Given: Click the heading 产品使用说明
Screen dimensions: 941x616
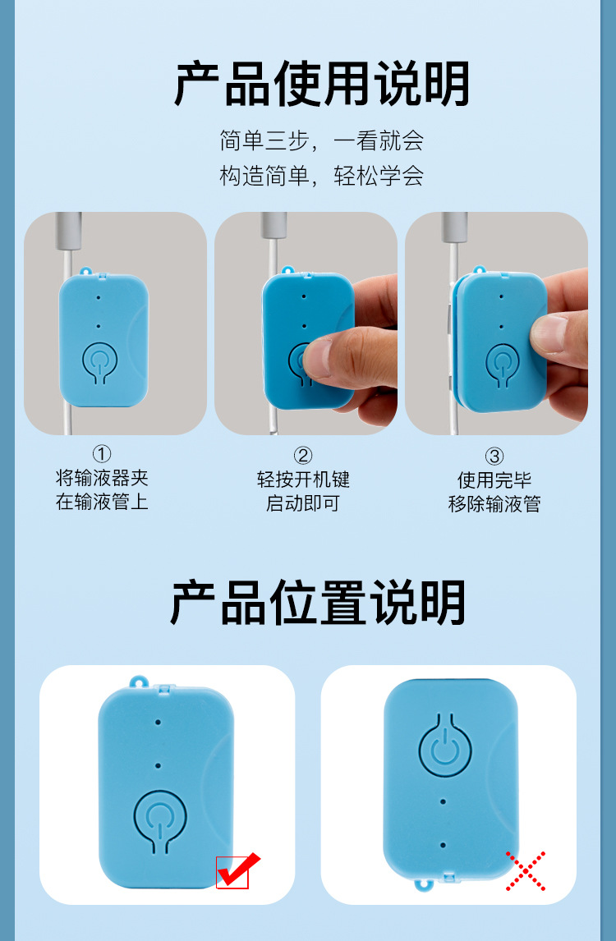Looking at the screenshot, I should (x=321, y=84).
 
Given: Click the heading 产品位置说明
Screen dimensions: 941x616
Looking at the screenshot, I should (x=318, y=602).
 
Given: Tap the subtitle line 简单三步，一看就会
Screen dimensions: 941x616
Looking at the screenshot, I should (x=321, y=140).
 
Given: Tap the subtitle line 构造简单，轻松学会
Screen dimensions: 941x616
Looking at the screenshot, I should (x=321, y=176).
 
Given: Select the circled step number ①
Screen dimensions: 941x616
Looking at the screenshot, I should (x=102, y=454).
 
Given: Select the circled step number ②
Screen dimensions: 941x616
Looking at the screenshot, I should (x=303, y=456).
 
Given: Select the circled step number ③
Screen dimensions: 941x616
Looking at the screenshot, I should (x=494, y=457).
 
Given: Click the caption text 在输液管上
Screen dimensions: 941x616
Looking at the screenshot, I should (x=102, y=502).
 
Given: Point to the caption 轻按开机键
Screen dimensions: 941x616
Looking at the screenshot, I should (x=303, y=480).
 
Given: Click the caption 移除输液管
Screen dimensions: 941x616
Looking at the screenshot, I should (x=494, y=503).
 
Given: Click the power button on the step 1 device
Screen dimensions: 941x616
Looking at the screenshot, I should (x=100, y=362).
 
